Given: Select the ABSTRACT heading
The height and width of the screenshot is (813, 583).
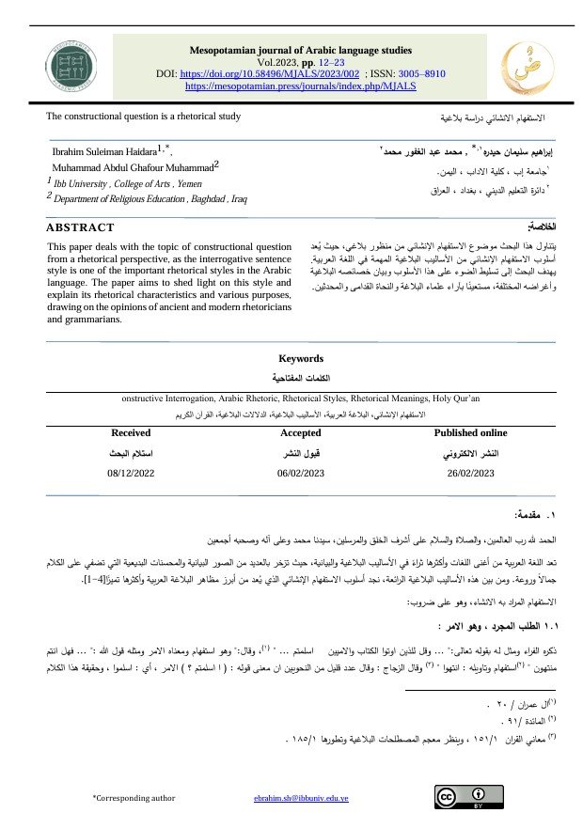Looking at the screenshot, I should click(81, 227).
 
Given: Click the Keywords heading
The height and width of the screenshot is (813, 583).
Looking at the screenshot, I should click(301, 358).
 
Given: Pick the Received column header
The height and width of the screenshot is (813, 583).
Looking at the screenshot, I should click(131, 433).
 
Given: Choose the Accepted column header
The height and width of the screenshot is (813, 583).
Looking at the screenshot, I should click(301, 433).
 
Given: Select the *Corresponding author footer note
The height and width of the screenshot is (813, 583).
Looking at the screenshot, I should click(134, 797).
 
